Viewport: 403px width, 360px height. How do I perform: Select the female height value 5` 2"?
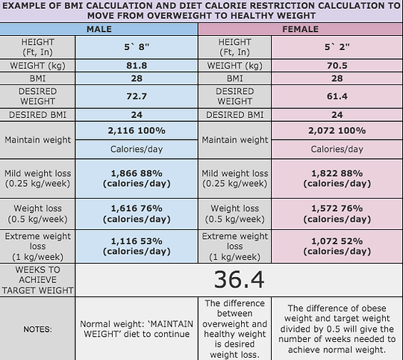click(x=337, y=47)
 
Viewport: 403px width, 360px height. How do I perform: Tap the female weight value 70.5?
click(x=337, y=65)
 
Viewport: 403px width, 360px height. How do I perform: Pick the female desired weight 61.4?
click(x=337, y=96)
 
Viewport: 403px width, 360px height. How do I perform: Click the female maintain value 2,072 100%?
click(x=337, y=131)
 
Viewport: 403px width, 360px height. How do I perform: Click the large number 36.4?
click(x=239, y=279)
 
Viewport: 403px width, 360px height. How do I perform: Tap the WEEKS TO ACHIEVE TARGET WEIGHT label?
click(x=38, y=279)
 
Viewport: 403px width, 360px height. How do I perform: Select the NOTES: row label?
click(x=38, y=329)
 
